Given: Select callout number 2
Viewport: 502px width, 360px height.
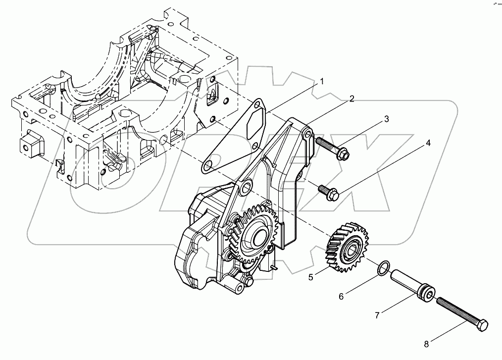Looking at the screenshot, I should (351, 99).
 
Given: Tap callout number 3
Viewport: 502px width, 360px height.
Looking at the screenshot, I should (387, 119).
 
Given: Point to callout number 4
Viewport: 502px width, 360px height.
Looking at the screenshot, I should (428, 143).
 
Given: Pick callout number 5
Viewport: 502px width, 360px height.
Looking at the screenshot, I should (311, 277).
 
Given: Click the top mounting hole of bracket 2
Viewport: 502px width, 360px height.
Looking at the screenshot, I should (307, 134).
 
